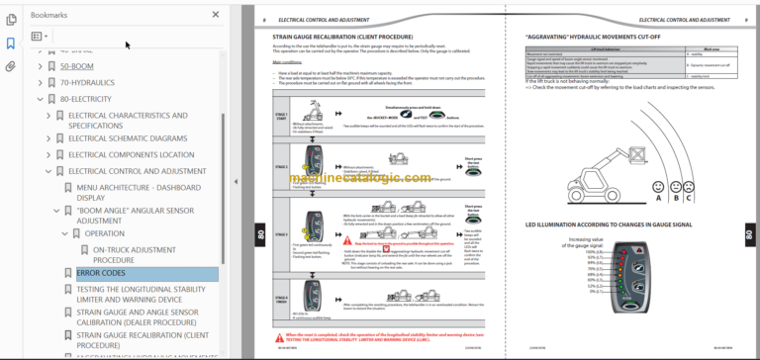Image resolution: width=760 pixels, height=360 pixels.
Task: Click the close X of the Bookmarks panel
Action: coord(216,15)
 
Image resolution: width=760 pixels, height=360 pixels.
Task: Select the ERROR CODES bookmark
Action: coord(100,273)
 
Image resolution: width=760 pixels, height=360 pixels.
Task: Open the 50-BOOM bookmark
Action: coord(77,66)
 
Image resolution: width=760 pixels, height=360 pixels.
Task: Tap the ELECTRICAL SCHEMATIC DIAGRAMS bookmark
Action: coord(127,138)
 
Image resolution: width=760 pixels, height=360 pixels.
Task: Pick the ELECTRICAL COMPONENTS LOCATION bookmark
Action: coord(131,154)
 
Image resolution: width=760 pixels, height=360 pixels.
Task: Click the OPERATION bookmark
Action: coord(104,233)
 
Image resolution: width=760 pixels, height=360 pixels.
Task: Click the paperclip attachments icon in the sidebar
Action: coord(11,66)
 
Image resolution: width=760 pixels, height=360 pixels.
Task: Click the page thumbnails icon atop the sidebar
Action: coord(11,19)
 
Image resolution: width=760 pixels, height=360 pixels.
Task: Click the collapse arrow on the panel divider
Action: coord(235,181)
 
